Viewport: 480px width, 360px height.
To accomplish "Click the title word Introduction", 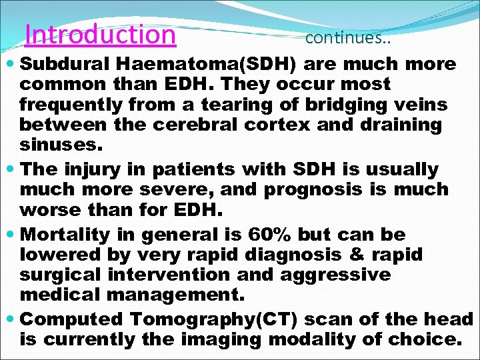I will [100, 34].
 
